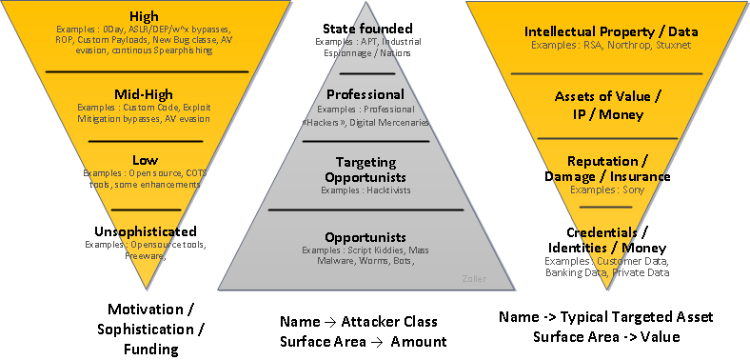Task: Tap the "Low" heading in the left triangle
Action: [145, 161]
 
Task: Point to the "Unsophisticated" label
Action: [146, 231]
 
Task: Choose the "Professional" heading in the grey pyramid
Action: [365, 95]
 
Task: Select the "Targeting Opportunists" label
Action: [365, 170]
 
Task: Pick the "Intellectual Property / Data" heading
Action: [607, 32]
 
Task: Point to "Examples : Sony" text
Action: [606, 190]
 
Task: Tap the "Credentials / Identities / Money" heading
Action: [606, 240]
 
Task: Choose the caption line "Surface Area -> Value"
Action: [607, 337]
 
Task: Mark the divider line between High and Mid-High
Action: [147, 71]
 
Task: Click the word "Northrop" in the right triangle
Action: [622, 45]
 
